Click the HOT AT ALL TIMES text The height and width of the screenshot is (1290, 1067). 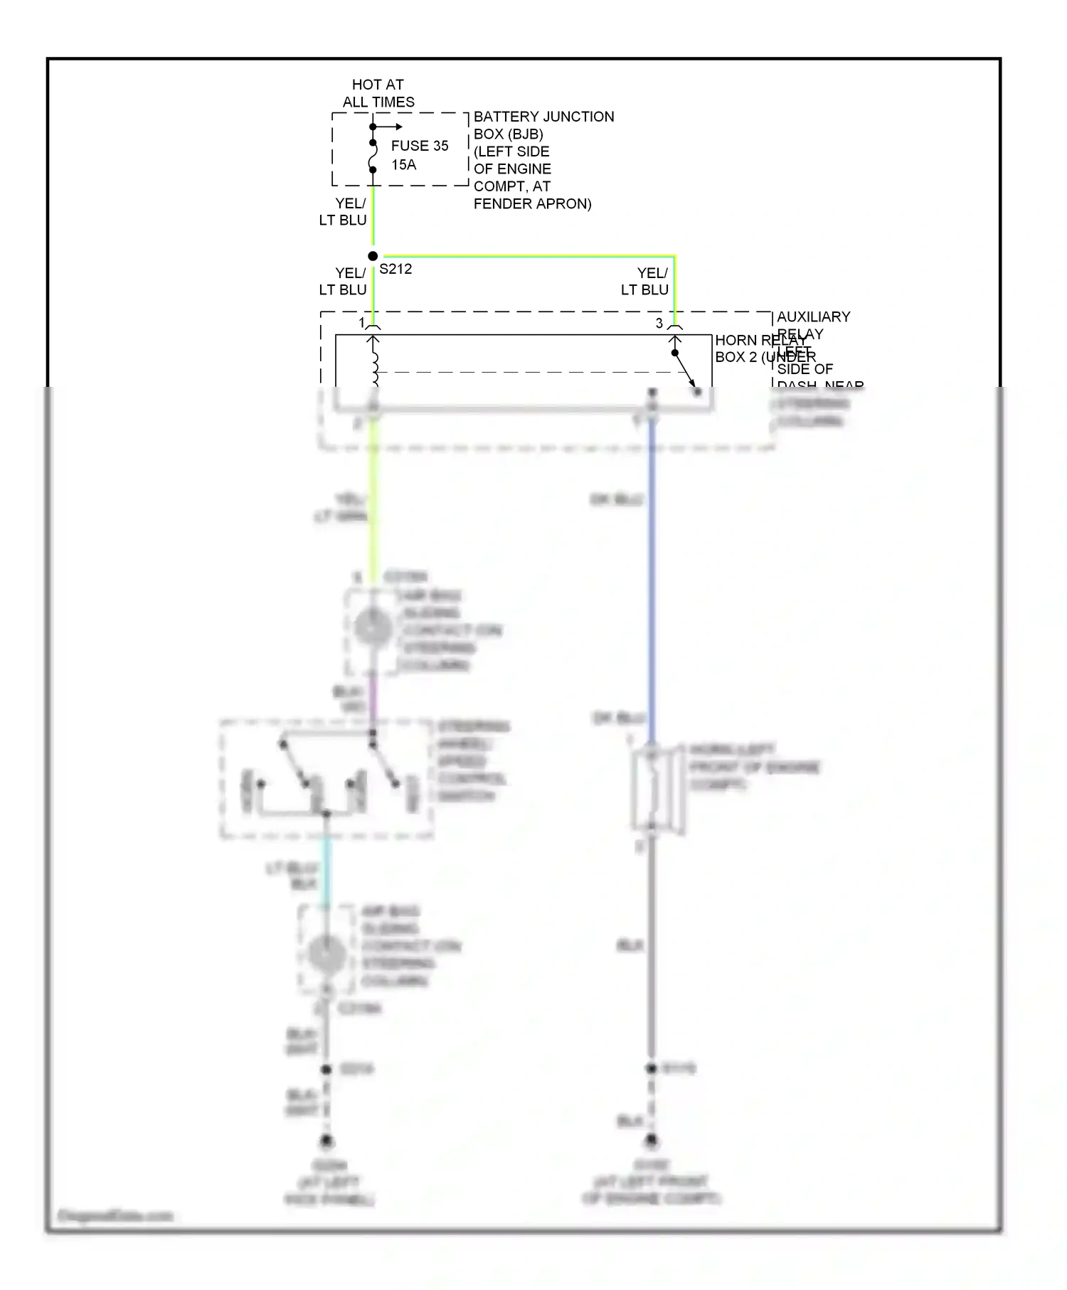coord(378,93)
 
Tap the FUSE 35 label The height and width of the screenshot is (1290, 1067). coord(420,146)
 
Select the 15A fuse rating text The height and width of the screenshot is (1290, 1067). coord(403,165)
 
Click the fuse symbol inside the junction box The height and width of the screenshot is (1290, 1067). coord(373,156)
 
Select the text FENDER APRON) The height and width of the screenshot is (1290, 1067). coord(532,204)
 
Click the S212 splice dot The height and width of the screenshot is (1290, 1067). coord(373,256)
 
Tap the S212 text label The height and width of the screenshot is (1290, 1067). coord(396,270)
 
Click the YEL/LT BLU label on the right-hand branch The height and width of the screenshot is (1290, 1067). coord(645,282)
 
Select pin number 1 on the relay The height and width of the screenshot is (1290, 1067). coord(361,324)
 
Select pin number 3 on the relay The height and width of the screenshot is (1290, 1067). coord(659,324)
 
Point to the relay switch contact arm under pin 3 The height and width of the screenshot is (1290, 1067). coord(685,369)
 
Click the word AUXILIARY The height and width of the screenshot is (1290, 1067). coord(813,316)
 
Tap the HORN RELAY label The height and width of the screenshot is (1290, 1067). coord(760,341)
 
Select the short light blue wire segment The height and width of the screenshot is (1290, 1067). coord(327,871)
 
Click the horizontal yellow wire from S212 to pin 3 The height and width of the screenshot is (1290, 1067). coord(526,256)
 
